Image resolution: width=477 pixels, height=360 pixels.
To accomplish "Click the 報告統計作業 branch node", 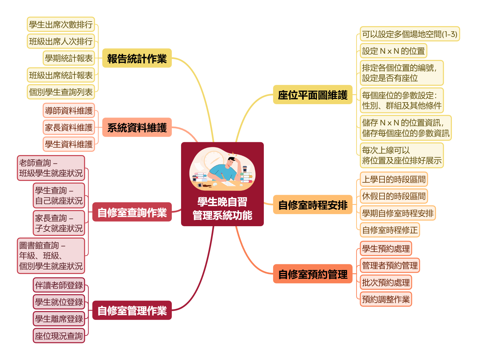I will click(x=137, y=58).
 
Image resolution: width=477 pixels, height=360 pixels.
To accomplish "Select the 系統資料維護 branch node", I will click(x=137, y=127).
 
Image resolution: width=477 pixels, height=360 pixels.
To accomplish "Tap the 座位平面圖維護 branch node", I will click(x=312, y=95).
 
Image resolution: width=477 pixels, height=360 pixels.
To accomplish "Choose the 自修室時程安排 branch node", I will click(x=312, y=205).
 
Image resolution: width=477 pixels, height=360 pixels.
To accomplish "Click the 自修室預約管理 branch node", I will click(x=312, y=274).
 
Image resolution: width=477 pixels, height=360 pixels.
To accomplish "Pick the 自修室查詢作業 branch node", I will click(x=132, y=212).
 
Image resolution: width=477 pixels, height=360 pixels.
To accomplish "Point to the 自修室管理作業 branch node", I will click(x=132, y=310).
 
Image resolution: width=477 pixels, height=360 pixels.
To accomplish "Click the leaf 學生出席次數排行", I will click(x=61, y=25).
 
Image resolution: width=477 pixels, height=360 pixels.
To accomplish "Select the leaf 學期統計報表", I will click(x=69, y=58).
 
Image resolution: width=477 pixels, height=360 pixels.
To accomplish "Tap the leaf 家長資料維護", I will click(x=69, y=127).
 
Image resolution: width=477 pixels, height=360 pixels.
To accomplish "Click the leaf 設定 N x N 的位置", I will click(x=393, y=51).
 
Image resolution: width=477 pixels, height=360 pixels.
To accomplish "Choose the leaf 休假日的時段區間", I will click(x=394, y=196).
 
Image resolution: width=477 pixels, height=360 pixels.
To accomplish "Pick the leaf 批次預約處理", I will click(x=386, y=282).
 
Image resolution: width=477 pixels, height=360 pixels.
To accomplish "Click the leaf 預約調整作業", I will click(x=386, y=299).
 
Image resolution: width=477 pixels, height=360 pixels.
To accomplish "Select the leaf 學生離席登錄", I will click(x=59, y=319).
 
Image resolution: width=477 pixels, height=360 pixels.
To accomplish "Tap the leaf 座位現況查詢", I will click(x=59, y=336).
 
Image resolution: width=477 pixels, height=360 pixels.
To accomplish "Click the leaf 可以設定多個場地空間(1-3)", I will click(x=410, y=34).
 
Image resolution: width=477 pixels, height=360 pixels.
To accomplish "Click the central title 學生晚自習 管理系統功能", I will click(x=222, y=208).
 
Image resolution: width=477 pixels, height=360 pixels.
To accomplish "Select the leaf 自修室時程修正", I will click(x=390, y=230).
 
